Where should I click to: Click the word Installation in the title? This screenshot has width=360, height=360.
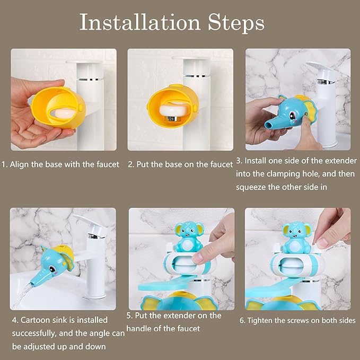139,22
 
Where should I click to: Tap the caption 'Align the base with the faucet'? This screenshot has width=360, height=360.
64,164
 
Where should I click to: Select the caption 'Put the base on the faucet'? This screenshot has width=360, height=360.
180,164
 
